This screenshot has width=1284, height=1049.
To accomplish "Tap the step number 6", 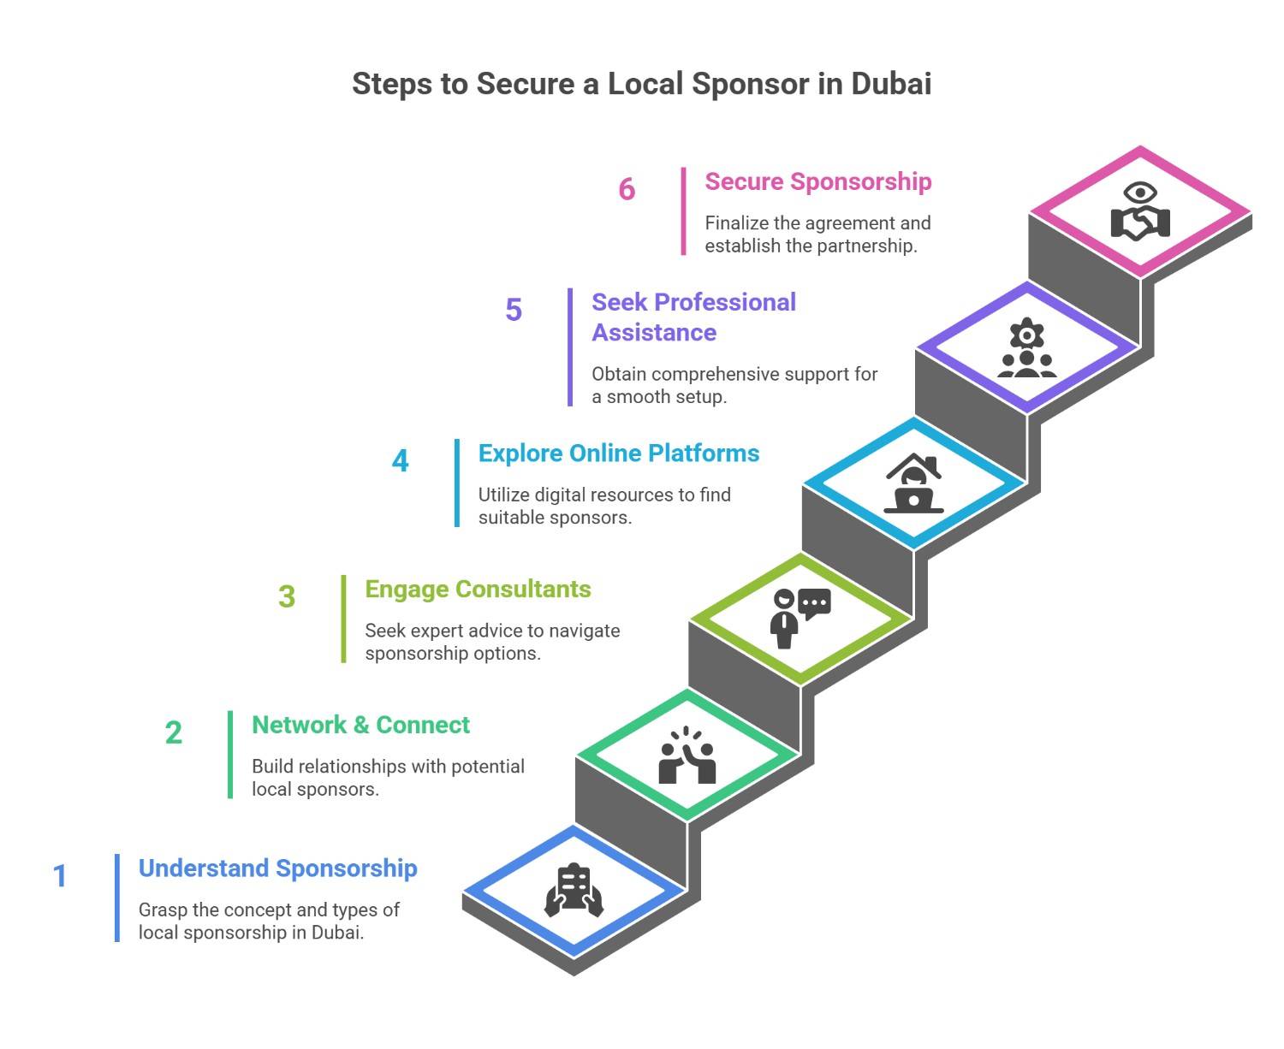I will (627, 189).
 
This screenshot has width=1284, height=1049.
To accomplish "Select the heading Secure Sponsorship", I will (817, 181).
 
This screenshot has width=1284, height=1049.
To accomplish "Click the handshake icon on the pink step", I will (1139, 212).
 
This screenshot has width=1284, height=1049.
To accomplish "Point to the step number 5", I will (514, 310).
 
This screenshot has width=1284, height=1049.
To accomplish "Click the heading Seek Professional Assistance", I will (693, 317).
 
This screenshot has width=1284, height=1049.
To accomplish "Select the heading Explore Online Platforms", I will (618, 453).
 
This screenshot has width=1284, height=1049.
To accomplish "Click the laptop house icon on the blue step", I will (913, 484).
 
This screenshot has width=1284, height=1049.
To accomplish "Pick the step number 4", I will (400, 461).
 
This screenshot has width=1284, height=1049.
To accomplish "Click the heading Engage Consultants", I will (478, 589).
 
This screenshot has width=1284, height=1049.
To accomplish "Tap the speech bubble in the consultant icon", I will (814, 603).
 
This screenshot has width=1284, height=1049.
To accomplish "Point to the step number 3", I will (287, 596).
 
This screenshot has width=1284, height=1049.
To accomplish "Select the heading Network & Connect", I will (360, 725).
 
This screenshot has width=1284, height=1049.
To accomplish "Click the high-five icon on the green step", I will (687, 756).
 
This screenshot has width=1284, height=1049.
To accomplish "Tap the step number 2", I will (174, 732).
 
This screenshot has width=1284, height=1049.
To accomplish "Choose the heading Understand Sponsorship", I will (277, 868).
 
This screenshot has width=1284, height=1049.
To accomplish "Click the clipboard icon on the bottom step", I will (574, 891).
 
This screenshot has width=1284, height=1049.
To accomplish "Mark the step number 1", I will (60, 875).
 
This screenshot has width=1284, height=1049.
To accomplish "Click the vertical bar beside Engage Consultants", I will (344, 619).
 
